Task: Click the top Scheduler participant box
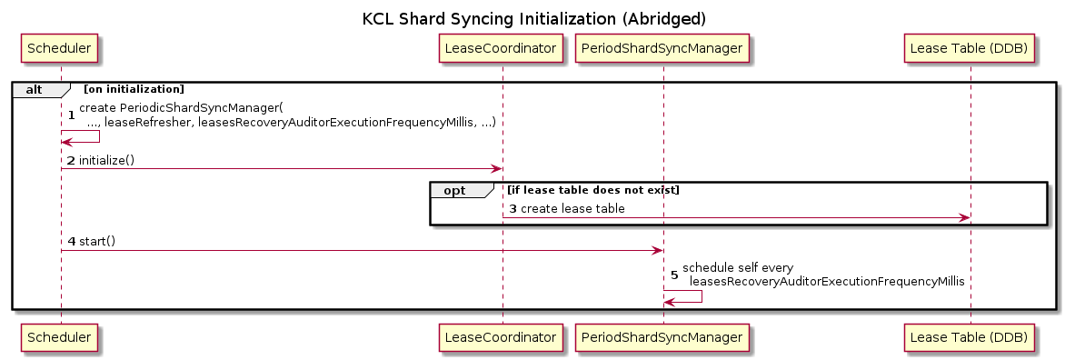pos(61,49)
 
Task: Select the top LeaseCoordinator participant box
pos(503,49)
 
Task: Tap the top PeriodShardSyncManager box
pos(662,49)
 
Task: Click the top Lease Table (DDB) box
pos(970,49)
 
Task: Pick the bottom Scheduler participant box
pos(61,335)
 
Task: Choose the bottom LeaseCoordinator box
pos(503,335)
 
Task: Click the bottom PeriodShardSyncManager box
pos(662,335)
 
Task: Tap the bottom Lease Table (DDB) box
pos(970,335)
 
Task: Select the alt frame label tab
pos(41,89)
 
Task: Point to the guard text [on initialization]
pos(133,89)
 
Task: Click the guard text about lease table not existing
pos(593,190)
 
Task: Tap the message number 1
pos(71,115)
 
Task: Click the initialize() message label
pos(106,160)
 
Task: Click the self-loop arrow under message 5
pos(701,296)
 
